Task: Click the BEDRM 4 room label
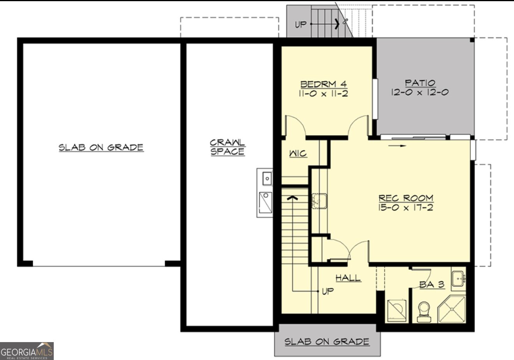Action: pos(324,84)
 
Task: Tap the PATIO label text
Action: pos(420,83)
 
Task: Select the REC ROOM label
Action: pos(406,198)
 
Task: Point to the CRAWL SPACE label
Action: pos(227,147)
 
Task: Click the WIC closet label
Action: pos(298,154)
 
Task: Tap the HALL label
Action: pos(348,278)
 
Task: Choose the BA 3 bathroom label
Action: pos(432,284)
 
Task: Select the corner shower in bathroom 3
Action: pos(452,309)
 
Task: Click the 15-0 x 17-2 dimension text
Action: pos(405,207)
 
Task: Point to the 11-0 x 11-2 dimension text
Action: pos(324,93)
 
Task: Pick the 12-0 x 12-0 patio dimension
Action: pos(420,92)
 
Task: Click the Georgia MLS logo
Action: pos(26,351)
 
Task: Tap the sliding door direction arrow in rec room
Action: pos(398,146)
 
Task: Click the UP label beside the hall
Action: pos(328,291)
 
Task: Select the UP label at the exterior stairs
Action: pos(301,25)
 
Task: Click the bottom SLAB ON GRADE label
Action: pos(327,342)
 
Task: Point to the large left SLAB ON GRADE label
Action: pos(101,148)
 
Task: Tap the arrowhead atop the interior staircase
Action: pos(292,198)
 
